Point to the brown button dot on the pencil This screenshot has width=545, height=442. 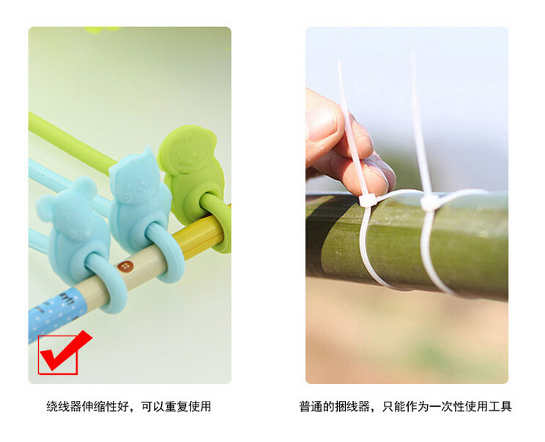click(125, 267)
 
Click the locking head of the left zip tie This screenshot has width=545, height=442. click(367, 201)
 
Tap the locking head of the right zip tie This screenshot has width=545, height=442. click(430, 203)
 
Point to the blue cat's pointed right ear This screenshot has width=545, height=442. click(149, 153)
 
